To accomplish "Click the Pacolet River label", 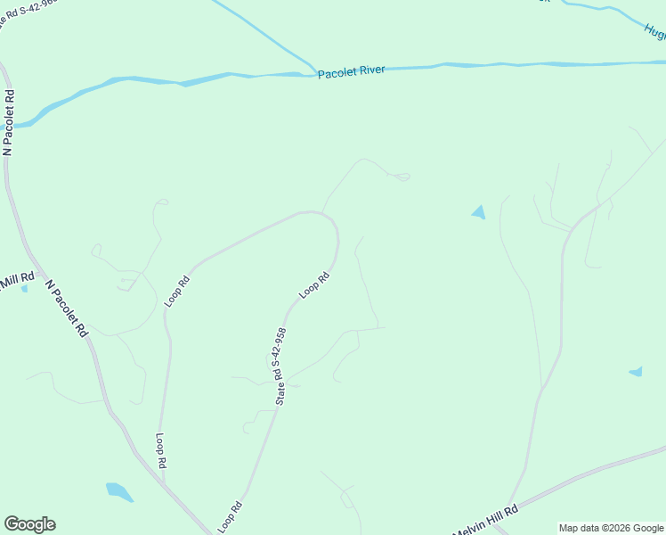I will coord(352,70).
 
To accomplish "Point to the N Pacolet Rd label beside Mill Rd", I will coord(67,309).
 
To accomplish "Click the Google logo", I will coord(29,524).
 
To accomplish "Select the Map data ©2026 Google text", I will coord(611,528).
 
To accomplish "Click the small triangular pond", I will coord(479,212).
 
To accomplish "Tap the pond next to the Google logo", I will coord(118,491).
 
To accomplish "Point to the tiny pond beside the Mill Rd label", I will coord(24,288).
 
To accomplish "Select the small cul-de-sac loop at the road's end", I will coord(402,177).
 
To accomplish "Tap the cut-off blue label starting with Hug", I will coord(655,30).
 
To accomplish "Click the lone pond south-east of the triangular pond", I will coord(636,371).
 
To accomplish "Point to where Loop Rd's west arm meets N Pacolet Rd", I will coord(166,486).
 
